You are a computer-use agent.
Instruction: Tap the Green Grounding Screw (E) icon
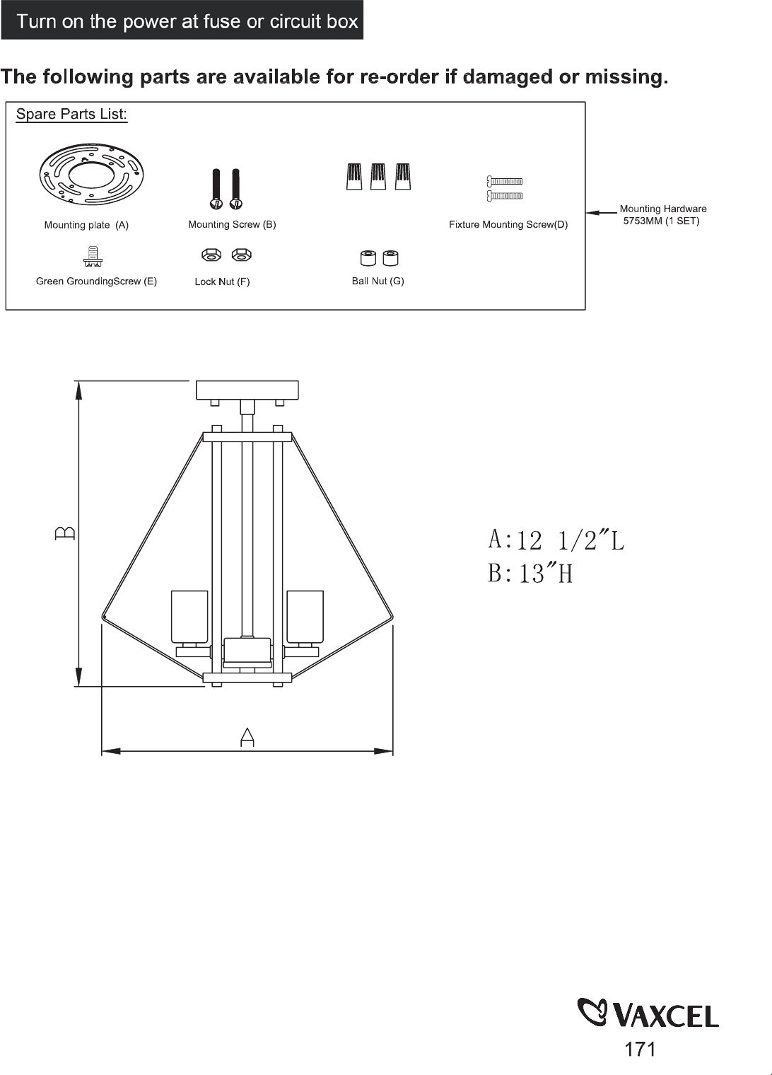[x=93, y=256]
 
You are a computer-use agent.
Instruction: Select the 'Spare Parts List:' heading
[x=71, y=115]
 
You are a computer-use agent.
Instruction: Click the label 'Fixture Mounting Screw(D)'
[x=508, y=225]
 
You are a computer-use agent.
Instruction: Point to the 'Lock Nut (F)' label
[x=222, y=281]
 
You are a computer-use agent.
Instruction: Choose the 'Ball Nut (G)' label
[x=378, y=281]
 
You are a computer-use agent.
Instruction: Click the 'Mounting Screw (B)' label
[x=232, y=225]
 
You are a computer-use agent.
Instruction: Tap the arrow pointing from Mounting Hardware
[x=602, y=213]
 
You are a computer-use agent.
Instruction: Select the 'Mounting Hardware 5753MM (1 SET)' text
[x=662, y=215]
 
